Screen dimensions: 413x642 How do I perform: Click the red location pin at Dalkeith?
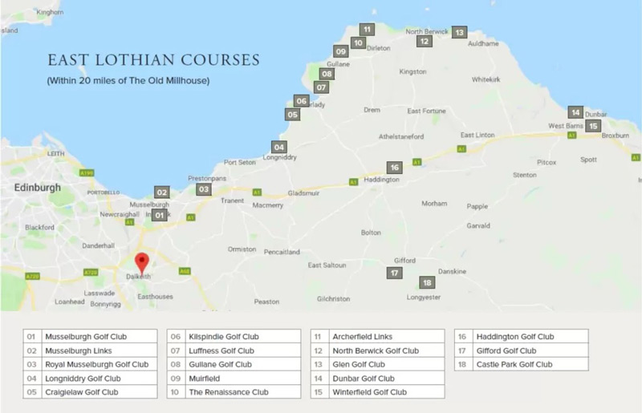coord(142,262)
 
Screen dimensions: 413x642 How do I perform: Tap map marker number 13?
coord(459,33)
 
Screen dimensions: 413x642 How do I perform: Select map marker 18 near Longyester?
coord(427,282)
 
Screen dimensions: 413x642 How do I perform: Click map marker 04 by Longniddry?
coord(278,148)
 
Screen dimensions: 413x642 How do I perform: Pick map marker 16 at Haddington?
coord(393,168)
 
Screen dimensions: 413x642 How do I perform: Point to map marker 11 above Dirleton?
coord(366,30)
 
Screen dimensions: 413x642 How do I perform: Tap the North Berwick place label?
coord(426,31)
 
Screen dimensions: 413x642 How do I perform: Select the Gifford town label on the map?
coord(404,261)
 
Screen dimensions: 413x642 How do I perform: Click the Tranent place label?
coord(231,202)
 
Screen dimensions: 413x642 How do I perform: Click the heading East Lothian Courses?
coord(153,60)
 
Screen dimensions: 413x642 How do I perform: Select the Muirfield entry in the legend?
coord(207,378)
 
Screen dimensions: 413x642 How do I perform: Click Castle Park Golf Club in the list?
coord(514,364)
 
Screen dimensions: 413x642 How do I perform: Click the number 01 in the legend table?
coord(32,337)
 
